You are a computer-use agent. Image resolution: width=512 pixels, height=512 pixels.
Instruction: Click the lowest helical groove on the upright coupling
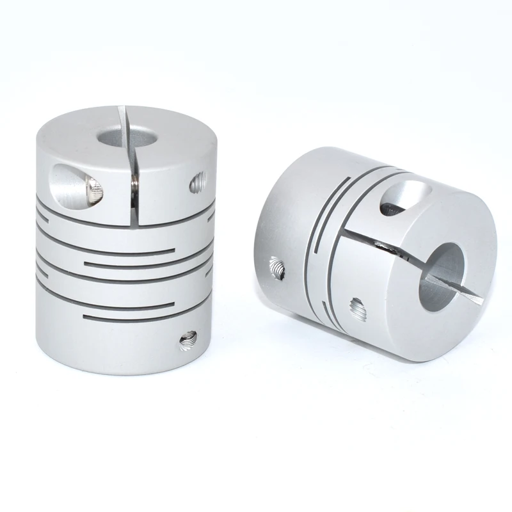tap(128, 317)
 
